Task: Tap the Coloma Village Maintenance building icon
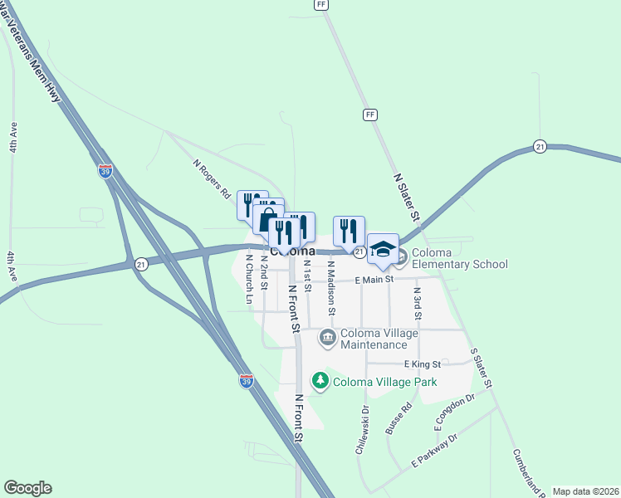point(327,337)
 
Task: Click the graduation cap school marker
point(383,249)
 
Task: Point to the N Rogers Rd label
point(211,180)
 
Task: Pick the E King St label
point(427,364)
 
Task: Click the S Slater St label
point(482,368)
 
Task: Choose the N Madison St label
point(331,289)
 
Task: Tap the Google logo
point(27,488)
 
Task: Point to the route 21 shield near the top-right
point(540,147)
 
